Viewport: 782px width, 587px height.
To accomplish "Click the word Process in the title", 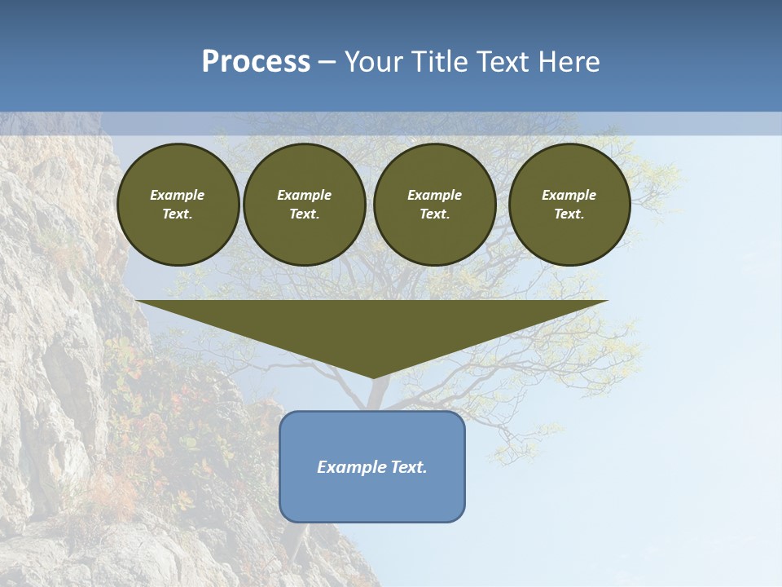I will click(256, 62).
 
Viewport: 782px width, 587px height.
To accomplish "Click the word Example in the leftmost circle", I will click(178, 195).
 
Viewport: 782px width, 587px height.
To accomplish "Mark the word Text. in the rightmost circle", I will click(569, 214).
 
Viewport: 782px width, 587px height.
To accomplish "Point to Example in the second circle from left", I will click(305, 195).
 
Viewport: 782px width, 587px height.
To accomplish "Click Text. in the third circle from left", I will click(435, 214).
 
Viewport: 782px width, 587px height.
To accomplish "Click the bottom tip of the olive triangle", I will click(373, 376).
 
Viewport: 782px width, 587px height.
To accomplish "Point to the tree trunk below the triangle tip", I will click(375, 395).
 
